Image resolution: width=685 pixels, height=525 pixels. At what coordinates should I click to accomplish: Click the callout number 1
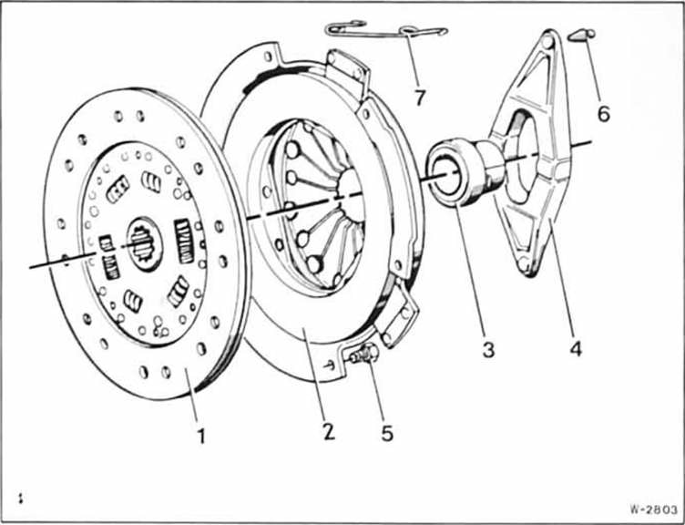[x=201, y=436]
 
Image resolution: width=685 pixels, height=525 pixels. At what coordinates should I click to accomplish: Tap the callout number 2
[x=329, y=431]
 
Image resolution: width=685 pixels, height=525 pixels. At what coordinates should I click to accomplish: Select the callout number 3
[x=488, y=350]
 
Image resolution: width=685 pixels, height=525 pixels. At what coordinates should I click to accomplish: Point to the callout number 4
[x=576, y=348]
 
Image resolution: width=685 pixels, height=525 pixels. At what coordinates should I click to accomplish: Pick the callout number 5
[x=387, y=433]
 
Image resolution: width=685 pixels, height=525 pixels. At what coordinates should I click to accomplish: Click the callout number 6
[x=603, y=114]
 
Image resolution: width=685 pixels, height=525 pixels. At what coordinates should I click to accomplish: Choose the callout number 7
[x=420, y=98]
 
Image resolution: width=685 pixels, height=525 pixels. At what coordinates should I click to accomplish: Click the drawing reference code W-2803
[x=653, y=510]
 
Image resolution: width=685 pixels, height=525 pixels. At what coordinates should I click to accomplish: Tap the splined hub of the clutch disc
[x=144, y=243]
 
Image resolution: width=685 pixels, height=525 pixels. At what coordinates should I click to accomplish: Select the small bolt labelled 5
[x=364, y=354]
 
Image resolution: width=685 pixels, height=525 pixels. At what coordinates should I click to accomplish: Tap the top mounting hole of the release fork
[x=547, y=42]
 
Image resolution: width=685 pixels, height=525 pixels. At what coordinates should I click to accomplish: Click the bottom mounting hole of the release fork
[x=524, y=263]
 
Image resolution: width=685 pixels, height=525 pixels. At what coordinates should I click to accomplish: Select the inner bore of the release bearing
[x=445, y=177]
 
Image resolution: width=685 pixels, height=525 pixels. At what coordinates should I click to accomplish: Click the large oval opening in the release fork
[x=520, y=159]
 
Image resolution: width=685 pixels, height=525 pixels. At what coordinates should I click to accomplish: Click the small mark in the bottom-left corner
[x=20, y=499]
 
